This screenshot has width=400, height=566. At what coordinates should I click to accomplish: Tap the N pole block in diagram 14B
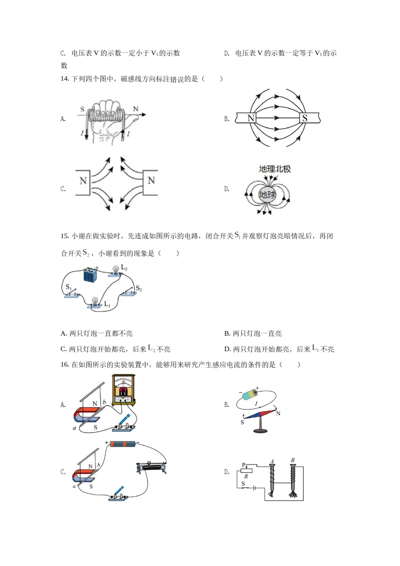pos(251,118)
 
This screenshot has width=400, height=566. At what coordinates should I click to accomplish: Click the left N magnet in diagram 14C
pos(83,182)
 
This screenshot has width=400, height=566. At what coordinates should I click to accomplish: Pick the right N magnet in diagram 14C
pos(151,182)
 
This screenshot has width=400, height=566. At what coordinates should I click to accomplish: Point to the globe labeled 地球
pos(267,195)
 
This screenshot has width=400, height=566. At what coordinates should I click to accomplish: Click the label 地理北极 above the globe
pos(275,169)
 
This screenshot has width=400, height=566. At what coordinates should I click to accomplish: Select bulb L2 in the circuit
pos(115,271)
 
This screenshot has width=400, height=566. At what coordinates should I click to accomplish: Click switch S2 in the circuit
pos(129,292)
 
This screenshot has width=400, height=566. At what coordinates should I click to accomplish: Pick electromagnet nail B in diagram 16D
pos(292,480)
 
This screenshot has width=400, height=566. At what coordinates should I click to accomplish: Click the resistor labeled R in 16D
pos(246,471)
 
